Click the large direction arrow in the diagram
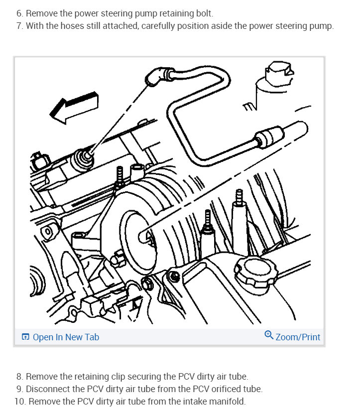(x=75, y=106)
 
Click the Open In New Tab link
(x=66, y=337)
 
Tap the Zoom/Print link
(x=298, y=337)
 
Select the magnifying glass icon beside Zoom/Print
(x=269, y=335)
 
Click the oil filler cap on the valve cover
(x=254, y=271)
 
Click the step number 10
(x=19, y=402)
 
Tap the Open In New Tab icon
(x=26, y=337)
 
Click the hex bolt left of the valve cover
(x=148, y=284)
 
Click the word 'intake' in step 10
(x=196, y=402)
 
